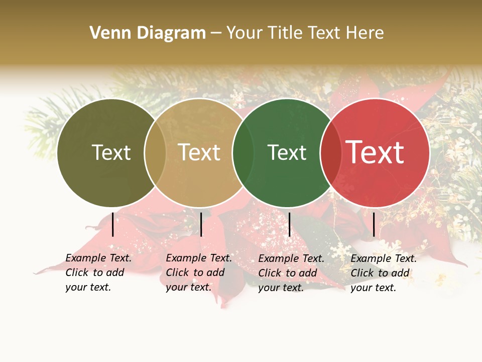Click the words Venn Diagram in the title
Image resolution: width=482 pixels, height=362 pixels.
tap(147, 33)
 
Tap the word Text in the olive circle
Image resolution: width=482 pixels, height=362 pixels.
tap(111, 152)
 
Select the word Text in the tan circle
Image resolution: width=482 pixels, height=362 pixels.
tap(199, 152)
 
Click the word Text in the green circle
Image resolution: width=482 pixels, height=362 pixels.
tap(287, 152)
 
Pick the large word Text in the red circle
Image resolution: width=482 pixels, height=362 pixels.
tap(375, 152)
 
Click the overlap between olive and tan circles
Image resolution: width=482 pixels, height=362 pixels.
tap(155, 153)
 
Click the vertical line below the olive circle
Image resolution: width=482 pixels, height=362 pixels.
tap(113, 224)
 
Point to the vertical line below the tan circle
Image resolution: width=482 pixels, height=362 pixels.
tap(201, 224)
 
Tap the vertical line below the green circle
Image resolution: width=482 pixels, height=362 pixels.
tap(289, 224)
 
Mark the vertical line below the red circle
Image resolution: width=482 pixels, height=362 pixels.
tap(374, 224)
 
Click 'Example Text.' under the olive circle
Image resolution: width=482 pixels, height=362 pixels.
tap(98, 258)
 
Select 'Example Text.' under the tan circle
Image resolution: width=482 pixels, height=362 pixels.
tap(199, 258)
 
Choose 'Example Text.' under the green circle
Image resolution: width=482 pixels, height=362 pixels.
tap(291, 259)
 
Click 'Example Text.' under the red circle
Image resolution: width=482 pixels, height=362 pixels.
tap(384, 259)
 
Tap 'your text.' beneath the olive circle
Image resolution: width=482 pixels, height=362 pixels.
tap(88, 288)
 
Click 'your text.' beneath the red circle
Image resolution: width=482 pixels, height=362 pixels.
tap(373, 288)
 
